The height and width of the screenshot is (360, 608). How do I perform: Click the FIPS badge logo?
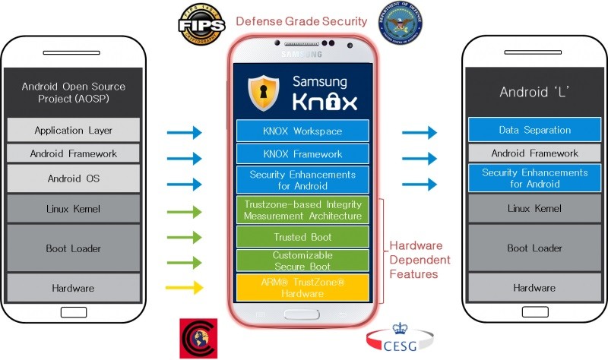tap(200, 22)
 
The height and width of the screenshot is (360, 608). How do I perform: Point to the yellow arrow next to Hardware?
tap(184, 288)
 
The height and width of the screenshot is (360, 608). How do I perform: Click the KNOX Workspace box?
tap(302, 131)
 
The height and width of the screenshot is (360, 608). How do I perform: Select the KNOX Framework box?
tap(302, 153)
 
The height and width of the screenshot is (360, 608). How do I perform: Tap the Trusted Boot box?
tap(302, 236)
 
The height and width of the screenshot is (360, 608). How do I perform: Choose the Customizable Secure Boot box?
tap(302, 261)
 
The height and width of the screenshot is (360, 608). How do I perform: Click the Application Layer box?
tap(74, 130)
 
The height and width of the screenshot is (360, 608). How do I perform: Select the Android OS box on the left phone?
tap(74, 179)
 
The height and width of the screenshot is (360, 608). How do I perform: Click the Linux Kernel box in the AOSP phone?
tap(74, 209)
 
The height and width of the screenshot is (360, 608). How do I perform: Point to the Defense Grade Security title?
tap(302, 21)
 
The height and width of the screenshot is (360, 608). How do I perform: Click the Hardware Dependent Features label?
tap(420, 260)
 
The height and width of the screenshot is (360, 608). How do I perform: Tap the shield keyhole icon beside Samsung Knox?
tap(264, 93)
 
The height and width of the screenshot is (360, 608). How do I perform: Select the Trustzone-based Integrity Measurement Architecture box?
tap(302, 210)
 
